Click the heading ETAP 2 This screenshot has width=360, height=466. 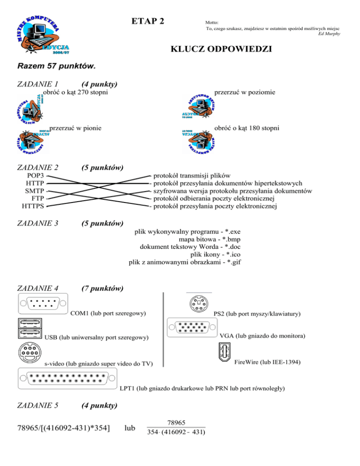pos(148,22)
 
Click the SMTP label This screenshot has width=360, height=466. pos(35,191)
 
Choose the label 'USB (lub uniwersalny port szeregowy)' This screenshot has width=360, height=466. pos(96,338)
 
